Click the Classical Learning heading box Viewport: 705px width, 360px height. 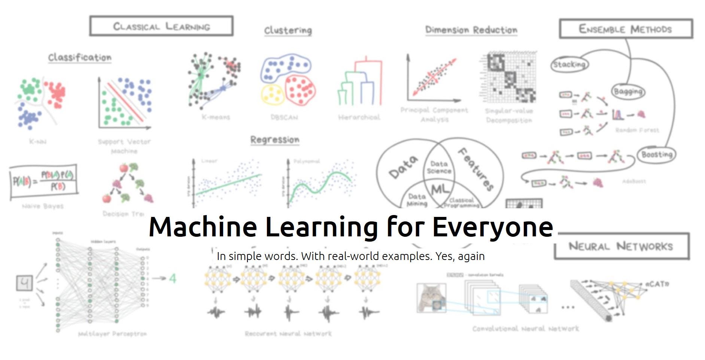coord(161,26)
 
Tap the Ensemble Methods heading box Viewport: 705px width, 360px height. coord(626,29)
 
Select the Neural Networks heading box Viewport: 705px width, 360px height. coord(621,246)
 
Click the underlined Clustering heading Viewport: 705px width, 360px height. coord(288,30)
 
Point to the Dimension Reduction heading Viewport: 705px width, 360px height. coord(471,30)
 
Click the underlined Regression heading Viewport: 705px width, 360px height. coord(275,140)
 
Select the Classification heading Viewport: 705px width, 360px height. coord(80,57)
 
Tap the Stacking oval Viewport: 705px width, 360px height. coord(569,64)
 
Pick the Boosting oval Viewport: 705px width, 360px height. coord(657,154)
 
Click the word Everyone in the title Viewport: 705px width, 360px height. coord(493,227)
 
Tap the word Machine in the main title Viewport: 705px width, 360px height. coord(203,227)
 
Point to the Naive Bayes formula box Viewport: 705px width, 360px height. coord(44,181)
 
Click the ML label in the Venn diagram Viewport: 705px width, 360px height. coord(440,189)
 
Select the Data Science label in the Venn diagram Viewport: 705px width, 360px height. coord(439,167)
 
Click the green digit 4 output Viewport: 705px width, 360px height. coord(172,278)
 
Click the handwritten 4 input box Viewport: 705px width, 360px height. coord(24,283)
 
